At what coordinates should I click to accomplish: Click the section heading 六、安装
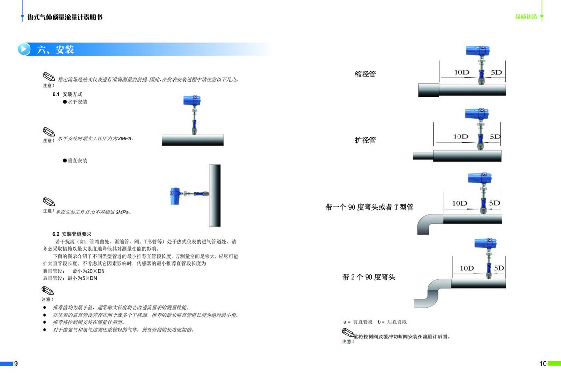(55, 49)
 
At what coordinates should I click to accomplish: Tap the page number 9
(15, 364)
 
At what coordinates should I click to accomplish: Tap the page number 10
(543, 364)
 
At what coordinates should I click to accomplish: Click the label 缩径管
(365, 74)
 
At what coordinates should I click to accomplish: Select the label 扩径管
(365, 140)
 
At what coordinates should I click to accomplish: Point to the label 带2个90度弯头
(369, 277)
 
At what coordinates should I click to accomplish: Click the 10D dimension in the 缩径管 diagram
(461, 72)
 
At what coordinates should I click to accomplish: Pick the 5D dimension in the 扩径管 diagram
(495, 137)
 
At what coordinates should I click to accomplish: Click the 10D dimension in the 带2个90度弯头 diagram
(467, 268)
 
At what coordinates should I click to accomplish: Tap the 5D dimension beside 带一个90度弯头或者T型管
(494, 203)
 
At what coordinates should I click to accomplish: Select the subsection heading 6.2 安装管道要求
(72, 234)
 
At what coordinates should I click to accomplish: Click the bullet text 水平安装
(77, 102)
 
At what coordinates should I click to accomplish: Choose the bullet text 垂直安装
(77, 160)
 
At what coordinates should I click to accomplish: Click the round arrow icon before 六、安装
(24, 49)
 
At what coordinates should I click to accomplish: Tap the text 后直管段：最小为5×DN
(70, 278)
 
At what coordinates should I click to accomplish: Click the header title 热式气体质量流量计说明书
(65, 17)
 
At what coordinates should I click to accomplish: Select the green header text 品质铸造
(526, 17)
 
